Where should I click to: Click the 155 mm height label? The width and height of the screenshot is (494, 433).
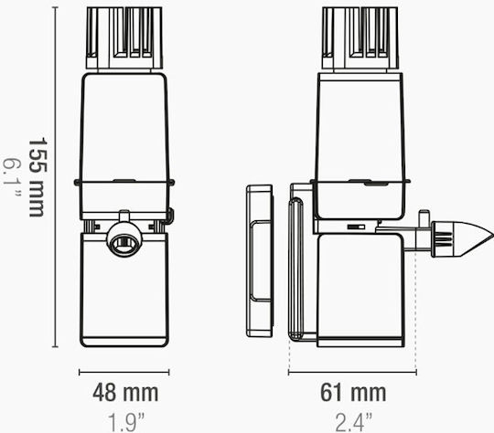pyautogui.click(x=38, y=177)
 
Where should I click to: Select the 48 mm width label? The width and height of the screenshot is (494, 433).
pyautogui.click(x=125, y=393)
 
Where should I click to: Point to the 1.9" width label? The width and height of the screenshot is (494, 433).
pyautogui.click(x=126, y=422)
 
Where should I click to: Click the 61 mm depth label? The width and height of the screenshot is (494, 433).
pyautogui.click(x=353, y=393)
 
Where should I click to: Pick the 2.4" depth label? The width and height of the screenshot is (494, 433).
pyautogui.click(x=353, y=422)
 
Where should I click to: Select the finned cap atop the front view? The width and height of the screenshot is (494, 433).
pyautogui.click(x=124, y=37)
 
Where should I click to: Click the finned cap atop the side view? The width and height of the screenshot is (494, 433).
pyautogui.click(x=360, y=37)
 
